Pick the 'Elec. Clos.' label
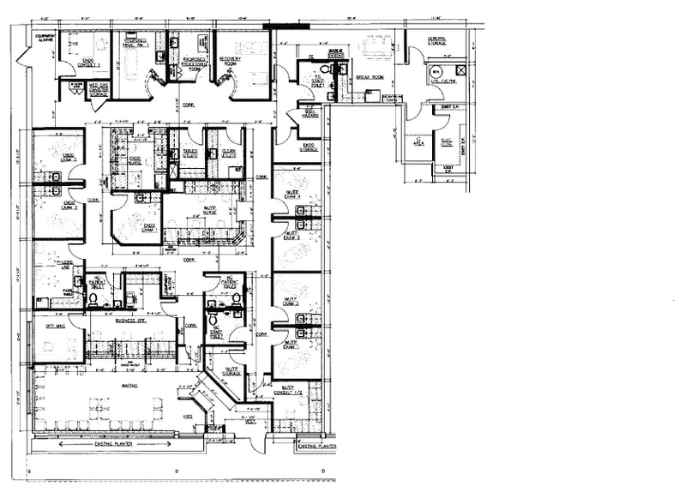point(446,143)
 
